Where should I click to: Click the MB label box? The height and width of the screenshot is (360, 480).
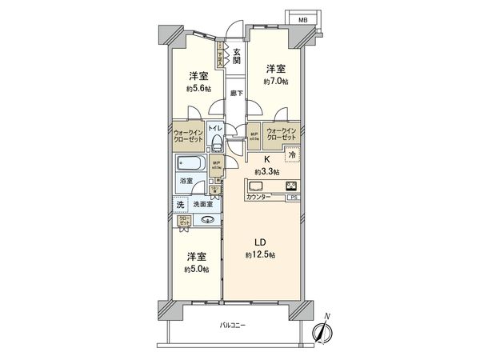pos(302,18)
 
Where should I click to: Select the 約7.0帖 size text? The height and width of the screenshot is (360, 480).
pos(274,81)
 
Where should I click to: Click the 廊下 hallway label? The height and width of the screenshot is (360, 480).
pos(236,94)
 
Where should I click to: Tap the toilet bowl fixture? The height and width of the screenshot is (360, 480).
pos(216,143)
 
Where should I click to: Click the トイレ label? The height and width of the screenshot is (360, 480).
pos(215,128)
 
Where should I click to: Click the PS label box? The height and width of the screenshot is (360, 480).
pos(294,197)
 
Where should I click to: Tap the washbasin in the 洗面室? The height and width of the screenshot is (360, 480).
pos(208,220)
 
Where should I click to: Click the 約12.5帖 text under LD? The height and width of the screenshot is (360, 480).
pos(262,254)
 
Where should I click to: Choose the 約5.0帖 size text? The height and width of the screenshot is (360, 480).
pos(196,269)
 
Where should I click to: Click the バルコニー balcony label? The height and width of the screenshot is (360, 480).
pos(234,325)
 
